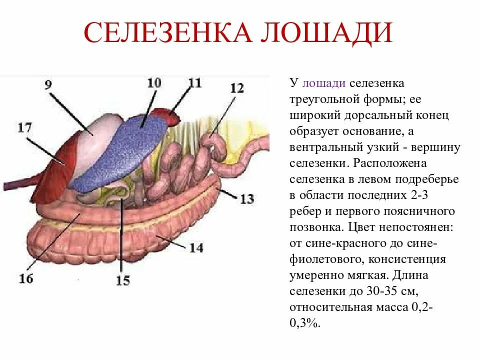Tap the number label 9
[x=48, y=85]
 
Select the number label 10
[x=154, y=83]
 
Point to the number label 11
[x=194, y=82]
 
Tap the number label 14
[x=196, y=247]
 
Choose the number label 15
[x=122, y=280]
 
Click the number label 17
[x=24, y=128]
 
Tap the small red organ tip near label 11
[x=167, y=115]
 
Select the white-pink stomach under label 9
[x=102, y=131]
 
